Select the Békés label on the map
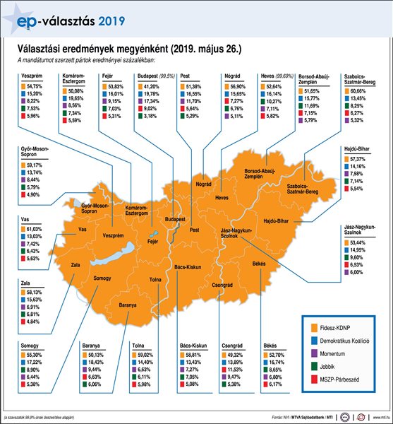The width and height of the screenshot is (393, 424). (258, 263)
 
